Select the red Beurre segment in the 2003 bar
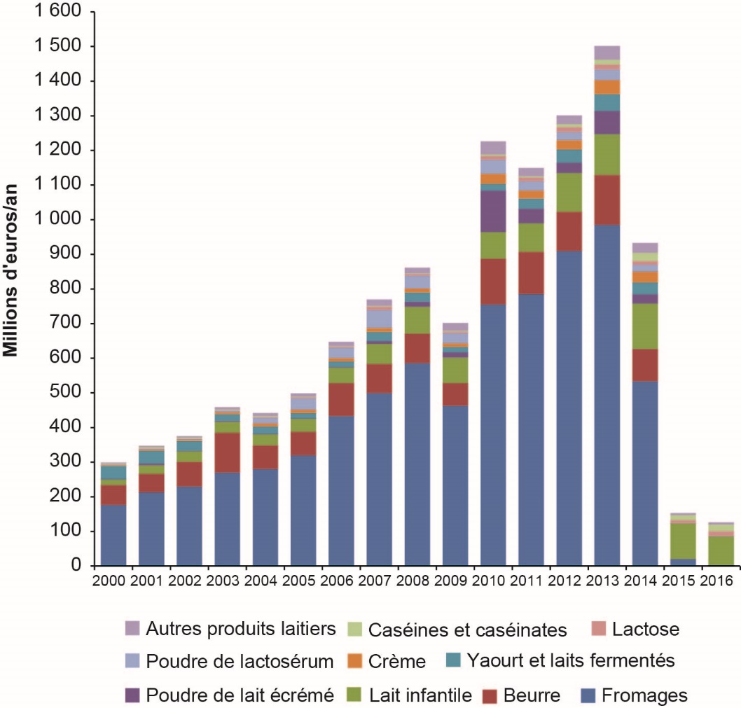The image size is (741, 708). (227, 452)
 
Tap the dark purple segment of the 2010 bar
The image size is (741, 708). (493, 211)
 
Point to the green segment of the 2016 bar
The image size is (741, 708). (721, 550)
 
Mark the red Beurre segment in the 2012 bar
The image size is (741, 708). (569, 231)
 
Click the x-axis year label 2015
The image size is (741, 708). (682, 581)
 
